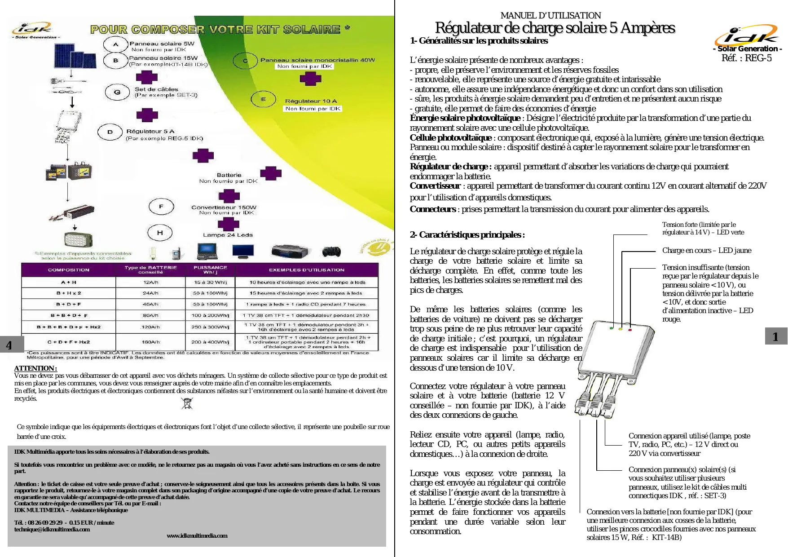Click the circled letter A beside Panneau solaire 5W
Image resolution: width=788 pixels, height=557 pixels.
click(115, 44)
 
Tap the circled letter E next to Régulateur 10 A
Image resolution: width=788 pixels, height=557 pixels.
click(263, 99)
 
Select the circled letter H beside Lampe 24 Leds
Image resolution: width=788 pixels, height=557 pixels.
click(160, 233)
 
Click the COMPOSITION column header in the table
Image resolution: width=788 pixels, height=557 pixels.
click(69, 270)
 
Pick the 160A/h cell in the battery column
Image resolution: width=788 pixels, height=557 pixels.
click(150, 342)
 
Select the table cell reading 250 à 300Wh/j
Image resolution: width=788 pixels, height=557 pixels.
click(210, 327)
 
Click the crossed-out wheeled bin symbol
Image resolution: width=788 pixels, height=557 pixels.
click(187, 403)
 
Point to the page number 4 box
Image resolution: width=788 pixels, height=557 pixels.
click(9, 345)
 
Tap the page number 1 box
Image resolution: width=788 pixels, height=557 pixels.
click(775, 336)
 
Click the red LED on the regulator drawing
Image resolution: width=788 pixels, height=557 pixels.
click(630, 330)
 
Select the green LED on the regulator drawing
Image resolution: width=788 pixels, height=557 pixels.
click(612, 328)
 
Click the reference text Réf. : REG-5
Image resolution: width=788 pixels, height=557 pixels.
click(746, 58)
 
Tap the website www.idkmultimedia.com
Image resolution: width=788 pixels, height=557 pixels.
click(197, 535)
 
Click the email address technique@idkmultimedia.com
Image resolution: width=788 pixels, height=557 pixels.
click(52, 529)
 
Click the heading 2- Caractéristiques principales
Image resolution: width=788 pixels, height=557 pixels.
click(467, 234)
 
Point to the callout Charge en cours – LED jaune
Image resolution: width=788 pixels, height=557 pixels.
click(706, 251)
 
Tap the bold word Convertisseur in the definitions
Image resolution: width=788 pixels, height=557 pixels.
click(435, 186)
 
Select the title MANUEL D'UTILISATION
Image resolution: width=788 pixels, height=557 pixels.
click(550, 15)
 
